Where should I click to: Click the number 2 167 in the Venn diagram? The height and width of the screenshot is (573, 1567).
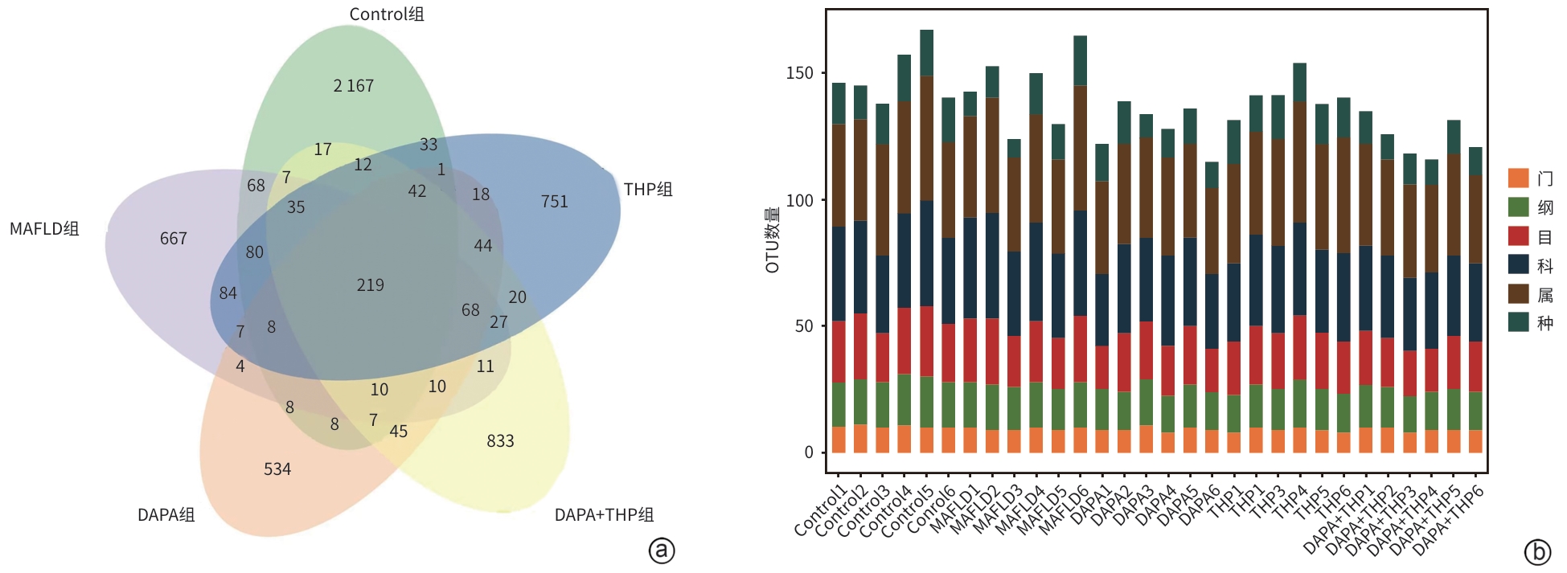click(x=354, y=86)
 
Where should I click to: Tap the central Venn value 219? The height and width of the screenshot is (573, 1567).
click(x=371, y=285)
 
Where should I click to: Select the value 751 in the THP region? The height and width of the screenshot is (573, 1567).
click(x=554, y=202)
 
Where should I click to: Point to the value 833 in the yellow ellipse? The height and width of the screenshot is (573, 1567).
click(x=500, y=441)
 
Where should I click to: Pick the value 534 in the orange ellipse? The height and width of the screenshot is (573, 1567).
click(x=277, y=469)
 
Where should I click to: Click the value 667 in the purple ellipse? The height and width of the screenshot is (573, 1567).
click(x=174, y=239)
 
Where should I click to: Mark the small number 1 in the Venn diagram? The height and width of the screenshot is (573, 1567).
click(x=441, y=170)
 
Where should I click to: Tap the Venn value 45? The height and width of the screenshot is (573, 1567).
click(x=399, y=432)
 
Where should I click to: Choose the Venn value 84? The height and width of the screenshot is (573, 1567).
click(x=228, y=293)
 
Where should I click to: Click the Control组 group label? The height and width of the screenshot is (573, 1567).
click(x=387, y=14)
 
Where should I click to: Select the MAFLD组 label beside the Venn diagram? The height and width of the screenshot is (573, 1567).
click(x=44, y=229)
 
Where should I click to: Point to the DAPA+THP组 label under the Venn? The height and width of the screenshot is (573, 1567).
click(x=604, y=515)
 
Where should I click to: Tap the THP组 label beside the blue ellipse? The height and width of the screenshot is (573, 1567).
click(x=648, y=190)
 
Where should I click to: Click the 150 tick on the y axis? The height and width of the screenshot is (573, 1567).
click(x=800, y=73)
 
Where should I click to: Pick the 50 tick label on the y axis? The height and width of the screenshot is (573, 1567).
click(x=804, y=326)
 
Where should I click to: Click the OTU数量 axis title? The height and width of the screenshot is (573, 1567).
click(x=773, y=240)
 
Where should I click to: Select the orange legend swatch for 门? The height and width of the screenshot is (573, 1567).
click(x=1518, y=178)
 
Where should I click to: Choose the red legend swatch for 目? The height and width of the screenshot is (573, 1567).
click(x=1518, y=236)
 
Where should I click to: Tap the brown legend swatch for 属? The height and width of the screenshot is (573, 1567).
click(x=1518, y=294)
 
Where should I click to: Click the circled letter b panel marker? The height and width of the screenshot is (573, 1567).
click(x=1537, y=552)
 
